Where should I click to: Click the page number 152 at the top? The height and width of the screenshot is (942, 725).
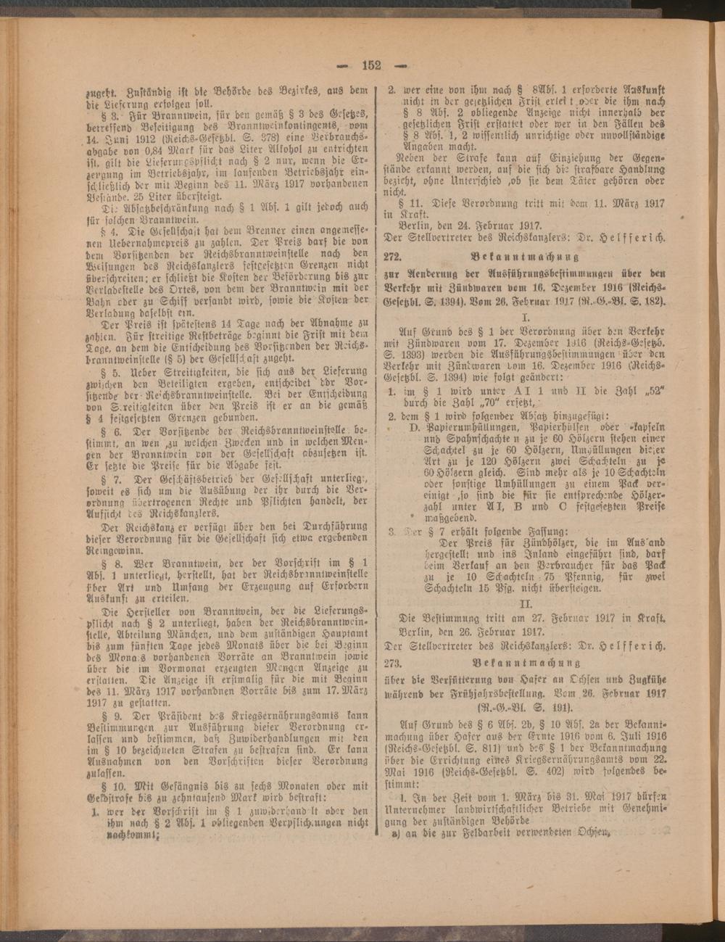pyautogui.click(x=370, y=65)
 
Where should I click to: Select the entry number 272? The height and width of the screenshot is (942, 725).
pyautogui.click(x=396, y=257)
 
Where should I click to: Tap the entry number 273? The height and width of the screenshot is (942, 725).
pyautogui.click(x=396, y=662)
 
